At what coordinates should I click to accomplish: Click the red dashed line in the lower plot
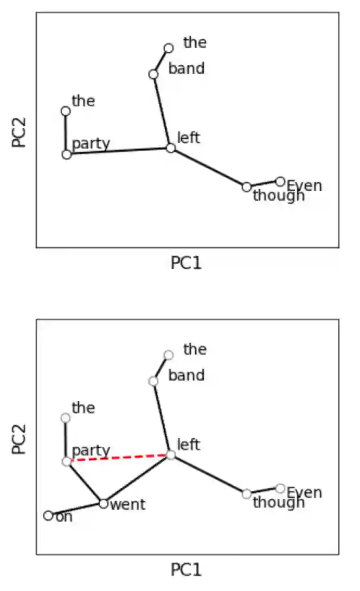pos(118,458)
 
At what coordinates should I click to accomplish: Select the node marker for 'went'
pos(104,503)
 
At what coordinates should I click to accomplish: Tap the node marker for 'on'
pos(48,516)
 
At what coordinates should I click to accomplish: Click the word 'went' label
pos(127,505)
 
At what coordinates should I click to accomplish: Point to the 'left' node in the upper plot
pos(171,148)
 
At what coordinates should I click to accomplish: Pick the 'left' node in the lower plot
pos(171,455)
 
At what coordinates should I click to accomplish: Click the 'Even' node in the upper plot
pos(280,181)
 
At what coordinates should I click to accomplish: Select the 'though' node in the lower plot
pos(247,494)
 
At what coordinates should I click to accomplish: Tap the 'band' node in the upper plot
pos(153,74)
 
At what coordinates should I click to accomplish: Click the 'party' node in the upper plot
pos(67,155)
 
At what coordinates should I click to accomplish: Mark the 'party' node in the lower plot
pos(67,461)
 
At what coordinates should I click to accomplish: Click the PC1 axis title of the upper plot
pos(186,263)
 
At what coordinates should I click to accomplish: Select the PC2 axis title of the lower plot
pos(20,437)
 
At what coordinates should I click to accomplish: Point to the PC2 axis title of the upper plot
pos(20,130)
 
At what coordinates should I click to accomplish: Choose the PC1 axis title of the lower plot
pos(186,570)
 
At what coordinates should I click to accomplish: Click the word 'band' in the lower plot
pos(187,375)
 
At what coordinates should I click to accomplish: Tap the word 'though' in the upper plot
pos(279,196)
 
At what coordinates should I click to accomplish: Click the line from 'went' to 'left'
pos(137,479)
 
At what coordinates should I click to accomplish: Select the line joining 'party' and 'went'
pos(85,483)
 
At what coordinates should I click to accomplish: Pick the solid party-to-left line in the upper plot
pos(119,151)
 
